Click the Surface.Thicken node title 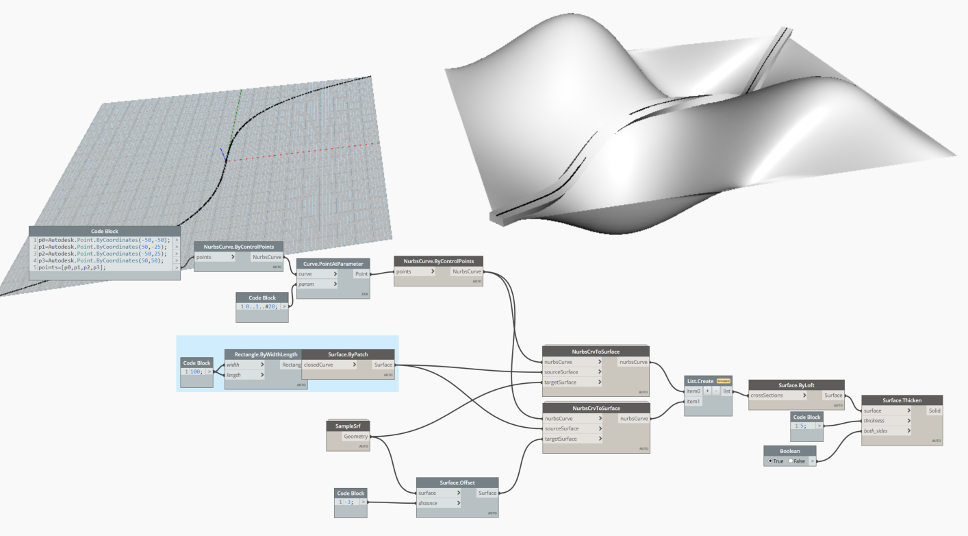(902, 400)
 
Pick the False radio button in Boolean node (791, 461)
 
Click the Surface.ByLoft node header (796, 385)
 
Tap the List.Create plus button (707, 391)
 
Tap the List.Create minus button (715, 391)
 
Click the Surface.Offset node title (457, 483)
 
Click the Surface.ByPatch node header (348, 354)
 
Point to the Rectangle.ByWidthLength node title (266, 354)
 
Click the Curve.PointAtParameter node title (333, 264)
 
